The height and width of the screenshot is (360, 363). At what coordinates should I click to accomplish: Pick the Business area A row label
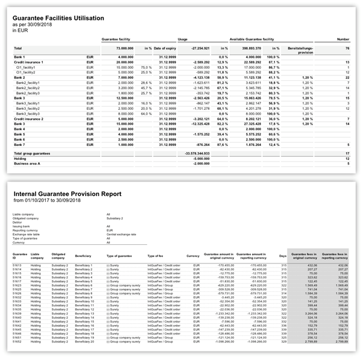click(28, 163)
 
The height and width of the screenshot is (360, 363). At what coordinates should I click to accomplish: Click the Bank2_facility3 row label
click(28, 93)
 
